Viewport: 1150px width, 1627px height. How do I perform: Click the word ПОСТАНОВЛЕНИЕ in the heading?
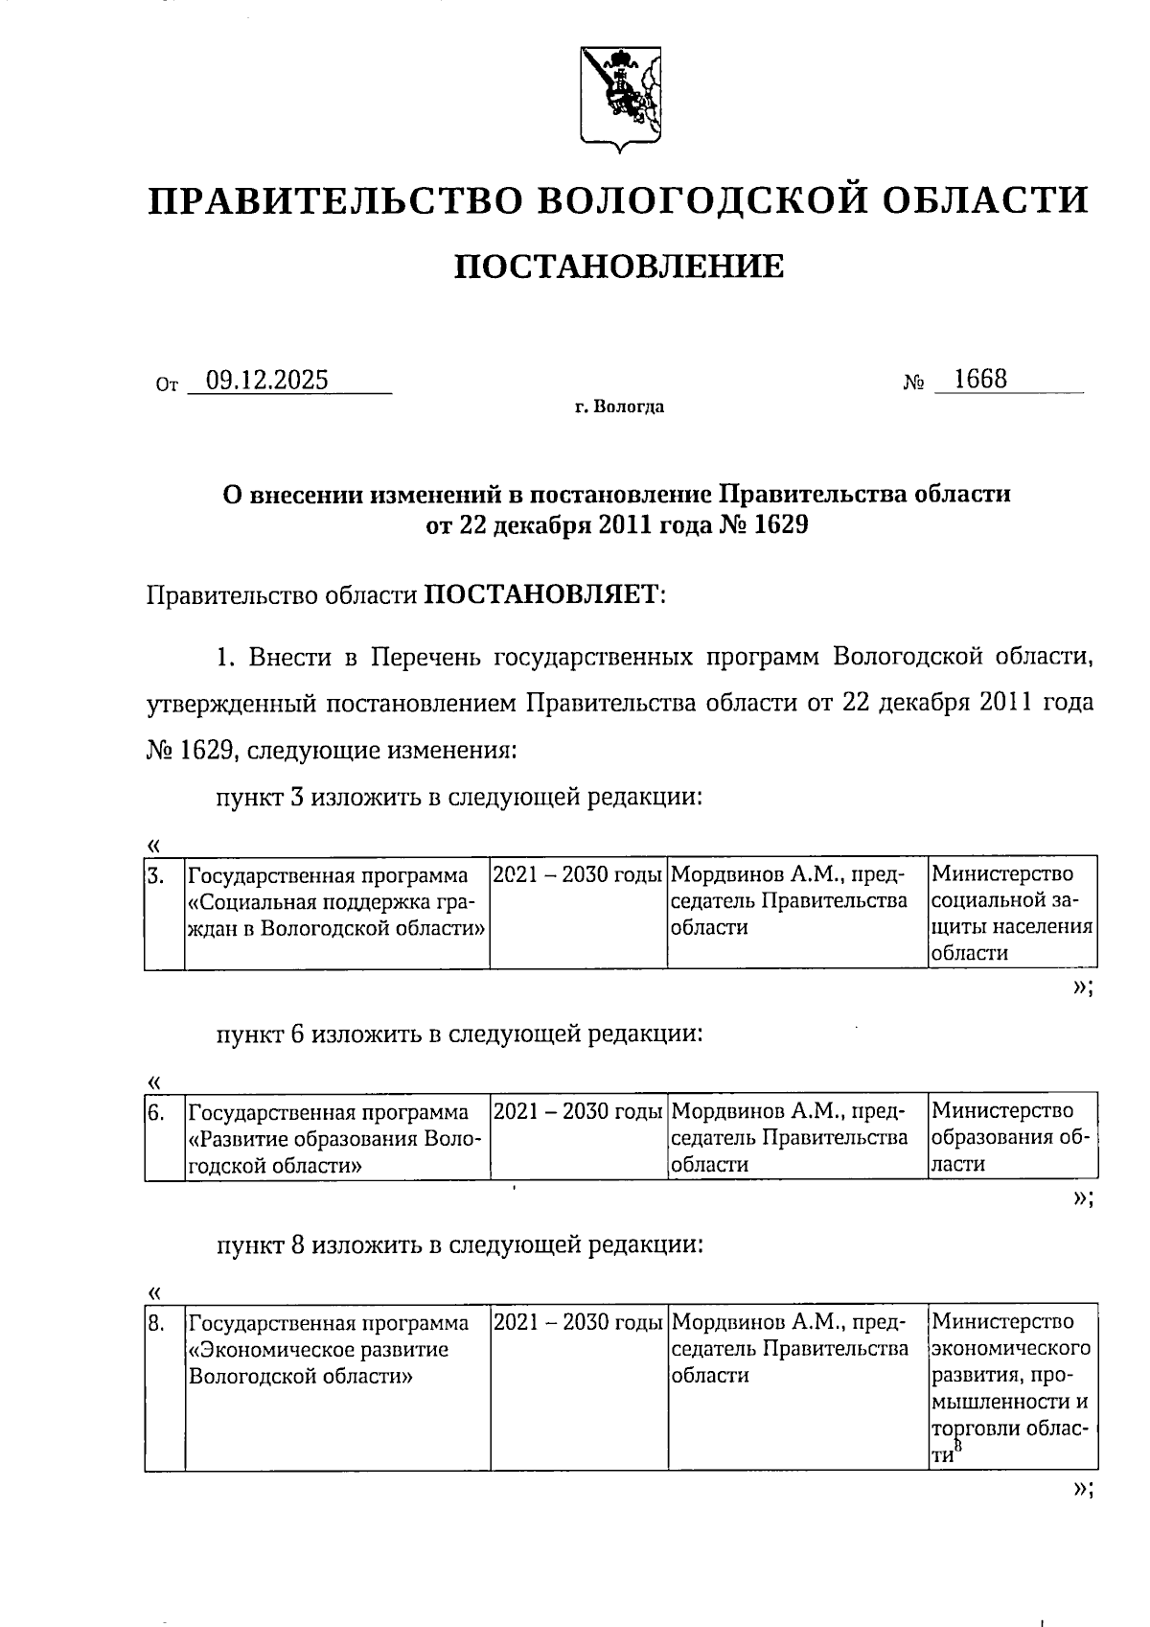(x=618, y=266)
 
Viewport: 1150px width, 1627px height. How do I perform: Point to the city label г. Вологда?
(x=619, y=407)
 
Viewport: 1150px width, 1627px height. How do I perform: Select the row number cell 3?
(x=164, y=912)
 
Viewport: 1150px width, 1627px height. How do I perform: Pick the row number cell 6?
(x=164, y=1136)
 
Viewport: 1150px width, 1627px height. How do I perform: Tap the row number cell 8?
(x=164, y=1385)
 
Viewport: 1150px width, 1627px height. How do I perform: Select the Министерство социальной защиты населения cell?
(x=1011, y=913)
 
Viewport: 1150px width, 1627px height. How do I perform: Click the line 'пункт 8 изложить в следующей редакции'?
(x=459, y=1245)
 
